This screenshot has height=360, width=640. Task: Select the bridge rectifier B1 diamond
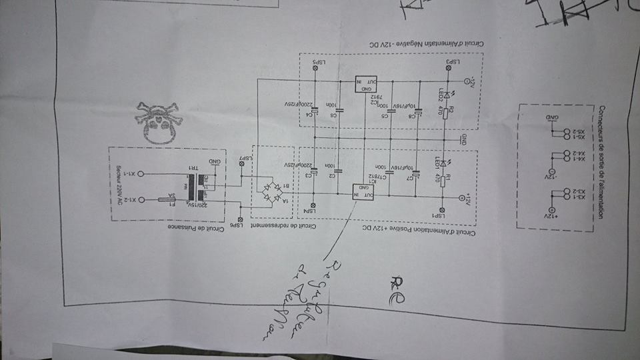coord(271,189)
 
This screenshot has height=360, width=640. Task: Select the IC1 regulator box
coord(365,191)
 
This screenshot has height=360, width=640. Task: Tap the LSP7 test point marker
coord(240,165)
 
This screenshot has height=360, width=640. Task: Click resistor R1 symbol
coord(443,179)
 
